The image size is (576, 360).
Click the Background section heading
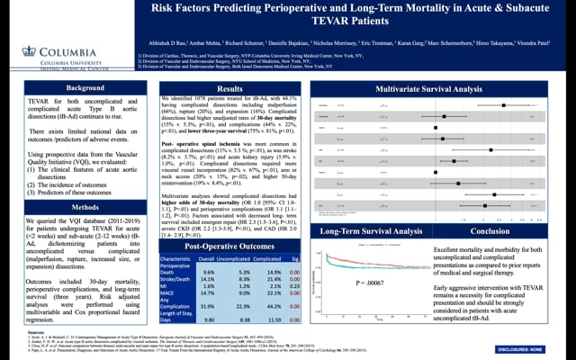coord(79,87)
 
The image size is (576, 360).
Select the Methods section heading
coord(79,182)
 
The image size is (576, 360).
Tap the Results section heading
coord(230,87)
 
